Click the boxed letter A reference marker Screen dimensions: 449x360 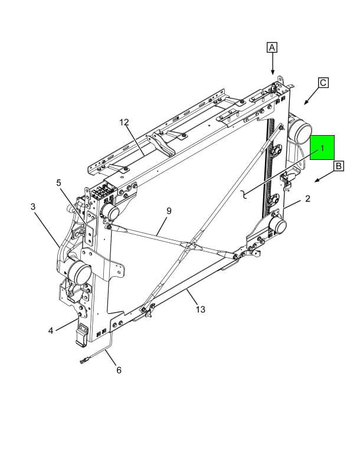click(271, 47)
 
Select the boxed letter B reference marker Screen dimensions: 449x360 click(338, 167)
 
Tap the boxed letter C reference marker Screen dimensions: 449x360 click(323, 83)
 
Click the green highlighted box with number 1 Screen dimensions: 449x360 click(322, 148)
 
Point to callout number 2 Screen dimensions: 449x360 click(307, 199)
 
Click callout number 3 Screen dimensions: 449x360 click(33, 207)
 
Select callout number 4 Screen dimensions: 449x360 click(51, 330)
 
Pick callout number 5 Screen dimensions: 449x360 click(59, 183)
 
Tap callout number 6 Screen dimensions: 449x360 click(118, 371)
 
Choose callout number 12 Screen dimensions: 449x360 click(124, 123)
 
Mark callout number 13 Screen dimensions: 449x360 click(200, 309)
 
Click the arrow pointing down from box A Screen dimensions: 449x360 click(272, 65)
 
